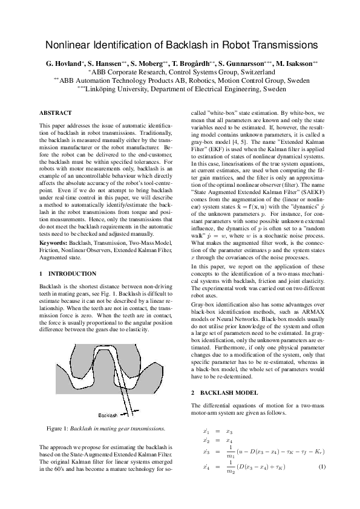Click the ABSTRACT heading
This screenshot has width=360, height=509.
[x=39, y=113]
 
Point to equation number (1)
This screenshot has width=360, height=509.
[x=322, y=467]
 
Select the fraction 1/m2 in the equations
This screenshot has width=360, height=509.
[x=230, y=467]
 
